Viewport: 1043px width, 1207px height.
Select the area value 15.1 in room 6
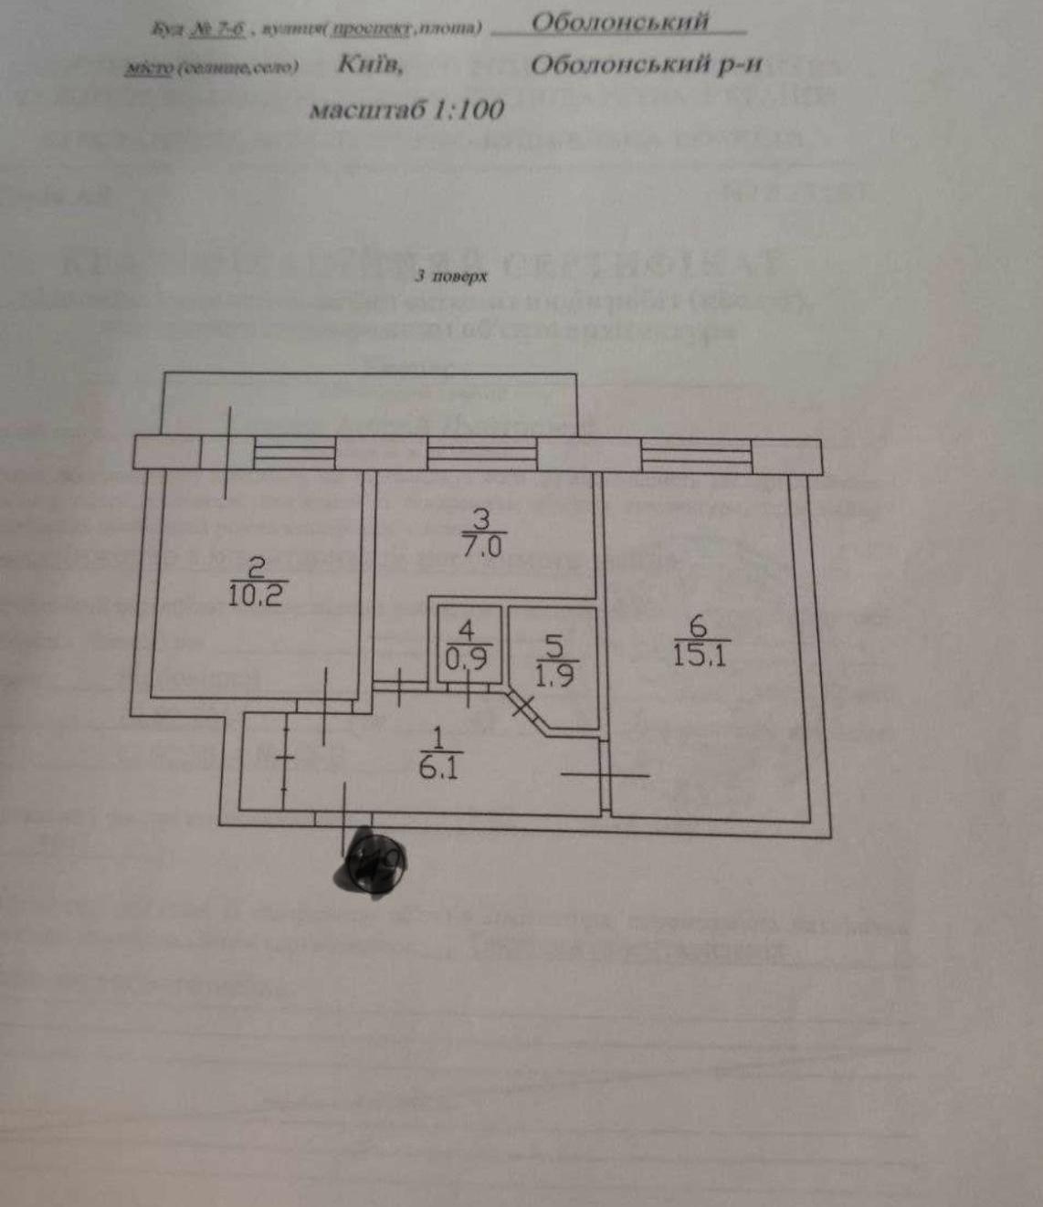699,655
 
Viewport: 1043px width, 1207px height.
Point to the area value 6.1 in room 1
437,768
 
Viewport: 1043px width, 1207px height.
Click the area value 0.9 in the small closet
467,657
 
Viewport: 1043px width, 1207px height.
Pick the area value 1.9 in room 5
554,676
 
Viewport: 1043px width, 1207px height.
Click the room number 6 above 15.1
699,627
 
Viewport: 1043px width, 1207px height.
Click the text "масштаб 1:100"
406,110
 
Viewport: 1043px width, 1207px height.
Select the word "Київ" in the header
370,65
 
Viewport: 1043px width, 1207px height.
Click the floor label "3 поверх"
451,276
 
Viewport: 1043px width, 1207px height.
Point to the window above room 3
481,454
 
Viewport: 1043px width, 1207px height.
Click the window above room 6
696,454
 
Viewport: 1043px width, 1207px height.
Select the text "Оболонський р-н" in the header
645,65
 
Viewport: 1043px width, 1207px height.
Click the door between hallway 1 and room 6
604,775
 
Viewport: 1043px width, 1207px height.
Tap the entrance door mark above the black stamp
343,815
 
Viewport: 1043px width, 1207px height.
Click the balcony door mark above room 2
228,454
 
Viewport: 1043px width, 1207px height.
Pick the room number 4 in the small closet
467,630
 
